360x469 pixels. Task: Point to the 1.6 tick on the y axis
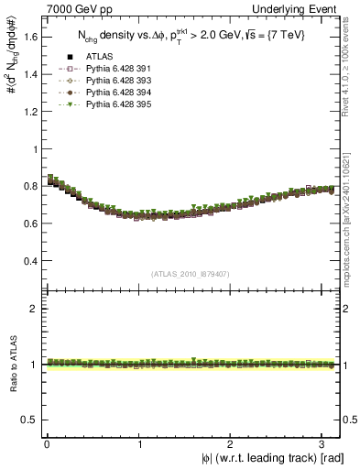(x=32, y=38)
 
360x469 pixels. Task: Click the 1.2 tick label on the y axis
(x=32, y=112)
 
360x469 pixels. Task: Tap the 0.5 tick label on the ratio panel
(x=32, y=420)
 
